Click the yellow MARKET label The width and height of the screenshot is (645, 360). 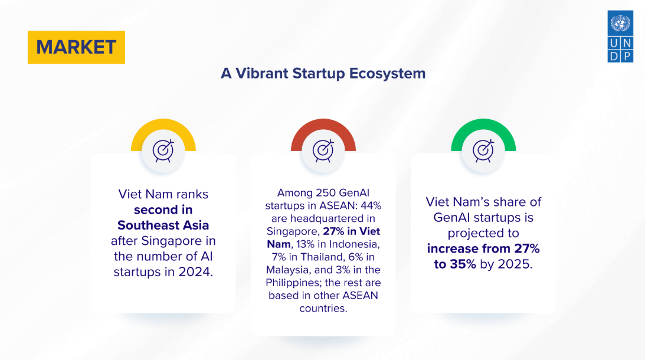[x=76, y=47]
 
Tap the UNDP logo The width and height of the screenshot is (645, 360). [x=620, y=37]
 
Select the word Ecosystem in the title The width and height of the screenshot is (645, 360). [x=387, y=74]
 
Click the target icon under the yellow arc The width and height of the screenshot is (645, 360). [x=163, y=150]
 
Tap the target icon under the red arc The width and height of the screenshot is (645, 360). [x=323, y=150]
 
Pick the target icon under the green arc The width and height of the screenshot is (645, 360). [x=483, y=150]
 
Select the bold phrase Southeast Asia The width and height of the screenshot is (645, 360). [x=163, y=225]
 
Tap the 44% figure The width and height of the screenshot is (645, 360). [x=371, y=205]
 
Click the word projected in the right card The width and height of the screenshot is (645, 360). [x=483, y=233]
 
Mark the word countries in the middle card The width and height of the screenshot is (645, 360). [x=323, y=309]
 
